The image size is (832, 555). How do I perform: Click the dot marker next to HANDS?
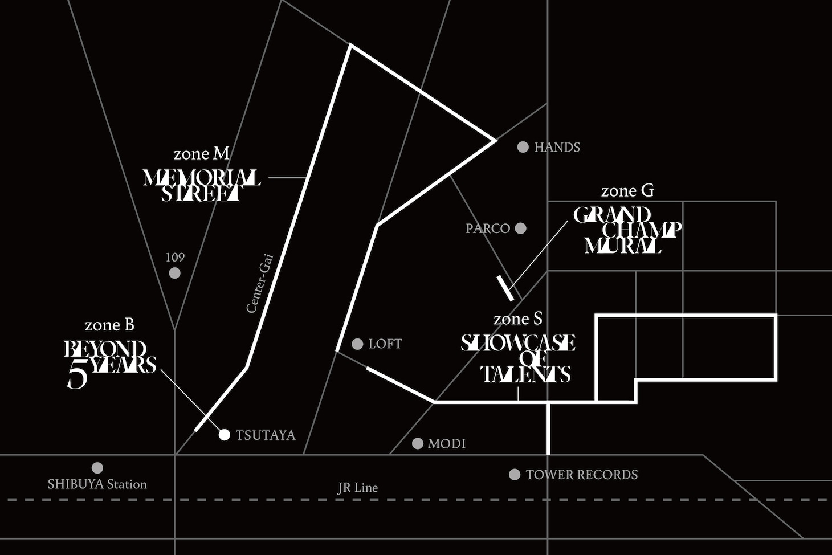(x=523, y=147)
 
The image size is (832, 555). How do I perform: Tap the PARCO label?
(x=488, y=228)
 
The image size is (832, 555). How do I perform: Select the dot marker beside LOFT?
(x=357, y=344)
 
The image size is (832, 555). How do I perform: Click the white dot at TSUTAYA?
(x=225, y=435)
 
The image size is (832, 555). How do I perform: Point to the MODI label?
(x=447, y=444)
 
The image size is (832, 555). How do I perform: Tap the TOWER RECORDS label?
(x=581, y=475)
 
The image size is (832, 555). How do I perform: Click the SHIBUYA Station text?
(x=97, y=484)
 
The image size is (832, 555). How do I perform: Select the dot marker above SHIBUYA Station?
(x=97, y=468)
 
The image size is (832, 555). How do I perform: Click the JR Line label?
(x=357, y=488)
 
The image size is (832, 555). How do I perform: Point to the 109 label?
(x=175, y=258)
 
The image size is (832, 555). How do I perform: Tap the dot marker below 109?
(x=175, y=273)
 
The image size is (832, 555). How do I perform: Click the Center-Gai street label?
(x=260, y=283)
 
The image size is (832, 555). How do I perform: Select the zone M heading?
(x=201, y=154)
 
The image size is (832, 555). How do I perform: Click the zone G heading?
(x=627, y=191)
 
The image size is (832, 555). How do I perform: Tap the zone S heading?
(x=518, y=319)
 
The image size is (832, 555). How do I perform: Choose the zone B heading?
(x=109, y=325)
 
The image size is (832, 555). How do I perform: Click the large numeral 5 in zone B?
(x=78, y=376)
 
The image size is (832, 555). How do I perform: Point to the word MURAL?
(x=623, y=246)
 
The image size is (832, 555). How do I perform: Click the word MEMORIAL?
(x=202, y=178)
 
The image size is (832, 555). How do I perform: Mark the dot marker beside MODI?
(x=418, y=443)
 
